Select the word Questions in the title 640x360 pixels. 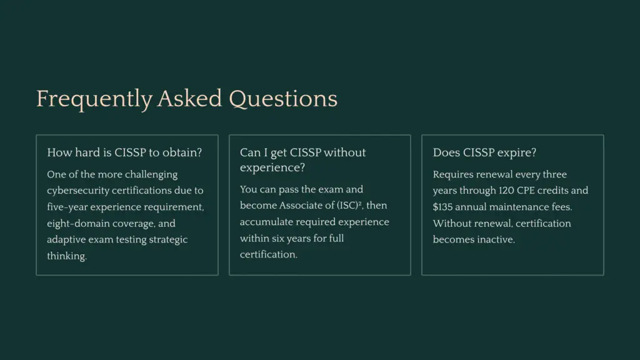click(283, 99)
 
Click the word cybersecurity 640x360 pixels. click(77, 191)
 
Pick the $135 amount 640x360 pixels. click(445, 207)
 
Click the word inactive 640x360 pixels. click(494, 239)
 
